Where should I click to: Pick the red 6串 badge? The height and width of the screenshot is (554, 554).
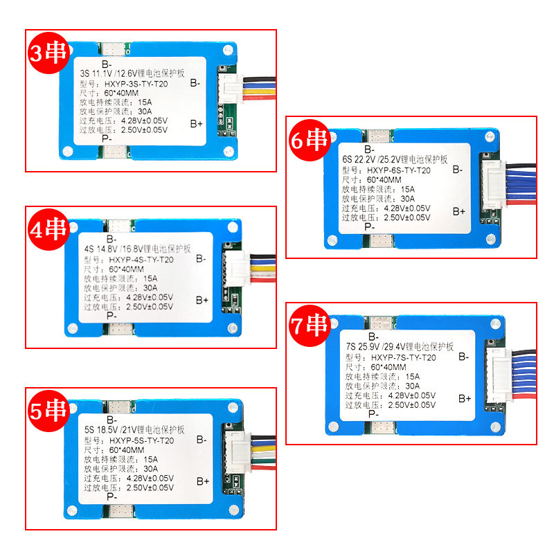coord(309,141)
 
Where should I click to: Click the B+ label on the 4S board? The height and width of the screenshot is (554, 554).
coord(202,300)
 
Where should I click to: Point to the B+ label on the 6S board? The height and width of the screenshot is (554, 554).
coord(459,211)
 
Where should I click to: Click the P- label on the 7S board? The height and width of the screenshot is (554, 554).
coord(373,414)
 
